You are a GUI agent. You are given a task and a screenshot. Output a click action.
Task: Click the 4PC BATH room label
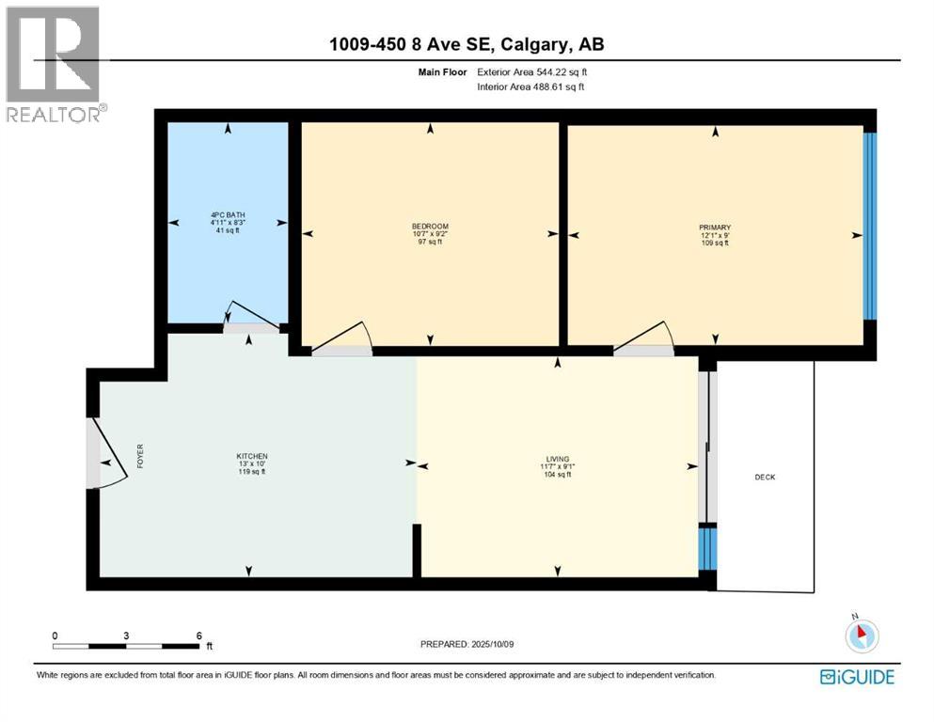[227, 213]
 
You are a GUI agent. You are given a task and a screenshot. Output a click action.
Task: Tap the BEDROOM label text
[430, 227]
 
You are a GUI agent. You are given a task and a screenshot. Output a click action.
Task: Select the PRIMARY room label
[715, 228]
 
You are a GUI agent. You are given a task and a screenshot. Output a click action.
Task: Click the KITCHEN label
[252, 457]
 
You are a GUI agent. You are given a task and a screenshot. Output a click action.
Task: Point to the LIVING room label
[558, 459]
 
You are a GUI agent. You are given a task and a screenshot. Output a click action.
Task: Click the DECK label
[765, 478]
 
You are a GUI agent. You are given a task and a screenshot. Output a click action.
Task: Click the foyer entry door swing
[107, 456]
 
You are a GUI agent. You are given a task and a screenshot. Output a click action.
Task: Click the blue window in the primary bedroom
[869, 227]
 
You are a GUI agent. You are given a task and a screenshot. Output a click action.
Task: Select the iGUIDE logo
[857, 677]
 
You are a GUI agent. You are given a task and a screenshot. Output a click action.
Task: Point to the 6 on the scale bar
[198, 636]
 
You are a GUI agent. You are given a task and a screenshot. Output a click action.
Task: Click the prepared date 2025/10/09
[467, 644]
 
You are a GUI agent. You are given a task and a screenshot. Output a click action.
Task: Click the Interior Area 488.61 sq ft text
[531, 86]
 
